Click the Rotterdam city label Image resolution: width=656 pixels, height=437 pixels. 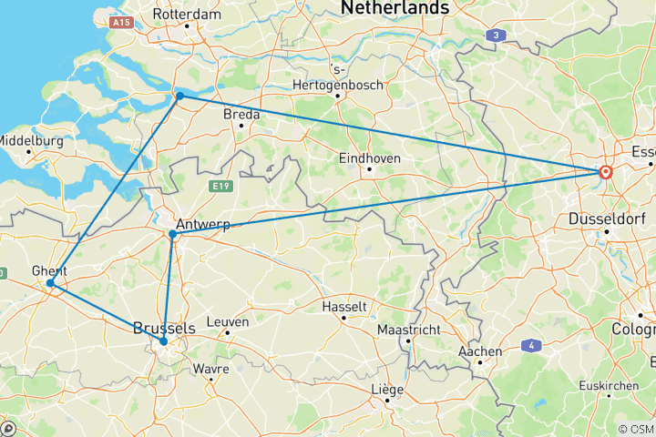point(187,15)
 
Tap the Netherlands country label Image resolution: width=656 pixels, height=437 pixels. point(395,8)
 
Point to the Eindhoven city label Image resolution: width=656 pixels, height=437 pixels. point(370,157)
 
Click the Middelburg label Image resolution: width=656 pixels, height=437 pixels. point(31,141)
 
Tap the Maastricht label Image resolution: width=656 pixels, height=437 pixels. point(410,329)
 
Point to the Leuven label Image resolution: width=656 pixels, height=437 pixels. point(227,321)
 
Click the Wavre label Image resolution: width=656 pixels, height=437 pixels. point(210,369)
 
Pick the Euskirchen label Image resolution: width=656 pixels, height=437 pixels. point(608,386)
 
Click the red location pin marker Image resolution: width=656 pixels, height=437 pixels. point(605,171)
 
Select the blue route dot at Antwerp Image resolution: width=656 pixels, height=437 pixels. point(172,234)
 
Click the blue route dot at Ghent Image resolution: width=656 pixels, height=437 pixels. point(51,283)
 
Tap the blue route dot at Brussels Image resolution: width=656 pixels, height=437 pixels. point(164,341)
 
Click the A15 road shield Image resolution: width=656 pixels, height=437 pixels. point(120,20)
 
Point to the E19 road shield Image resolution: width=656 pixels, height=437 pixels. point(216,187)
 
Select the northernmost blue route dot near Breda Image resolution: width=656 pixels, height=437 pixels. point(180,96)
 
